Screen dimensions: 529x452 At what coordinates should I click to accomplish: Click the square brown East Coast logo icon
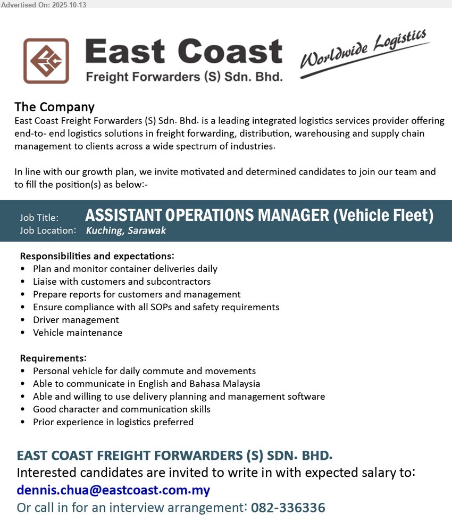46,61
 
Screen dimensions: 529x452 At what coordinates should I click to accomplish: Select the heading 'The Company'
54,107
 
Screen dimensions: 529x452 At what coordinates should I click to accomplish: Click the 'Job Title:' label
39,217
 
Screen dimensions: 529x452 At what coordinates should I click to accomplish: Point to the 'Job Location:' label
48,230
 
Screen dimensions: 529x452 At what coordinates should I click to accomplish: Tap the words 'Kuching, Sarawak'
126,230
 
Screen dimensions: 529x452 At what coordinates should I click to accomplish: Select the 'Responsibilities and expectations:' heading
97,256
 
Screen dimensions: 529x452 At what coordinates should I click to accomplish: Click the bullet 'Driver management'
76,320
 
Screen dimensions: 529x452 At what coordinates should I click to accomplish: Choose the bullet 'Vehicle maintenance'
78,333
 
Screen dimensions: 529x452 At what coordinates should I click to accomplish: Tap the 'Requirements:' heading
53,358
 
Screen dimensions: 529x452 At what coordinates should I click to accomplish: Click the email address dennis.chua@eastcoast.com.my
113,490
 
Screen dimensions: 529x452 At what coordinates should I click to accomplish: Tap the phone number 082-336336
288,507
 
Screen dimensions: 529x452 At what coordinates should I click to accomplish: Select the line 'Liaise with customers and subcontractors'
122,282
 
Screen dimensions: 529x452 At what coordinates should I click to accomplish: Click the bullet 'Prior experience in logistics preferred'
113,422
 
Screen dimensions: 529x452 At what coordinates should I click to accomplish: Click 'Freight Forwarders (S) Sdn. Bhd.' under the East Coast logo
184,77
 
